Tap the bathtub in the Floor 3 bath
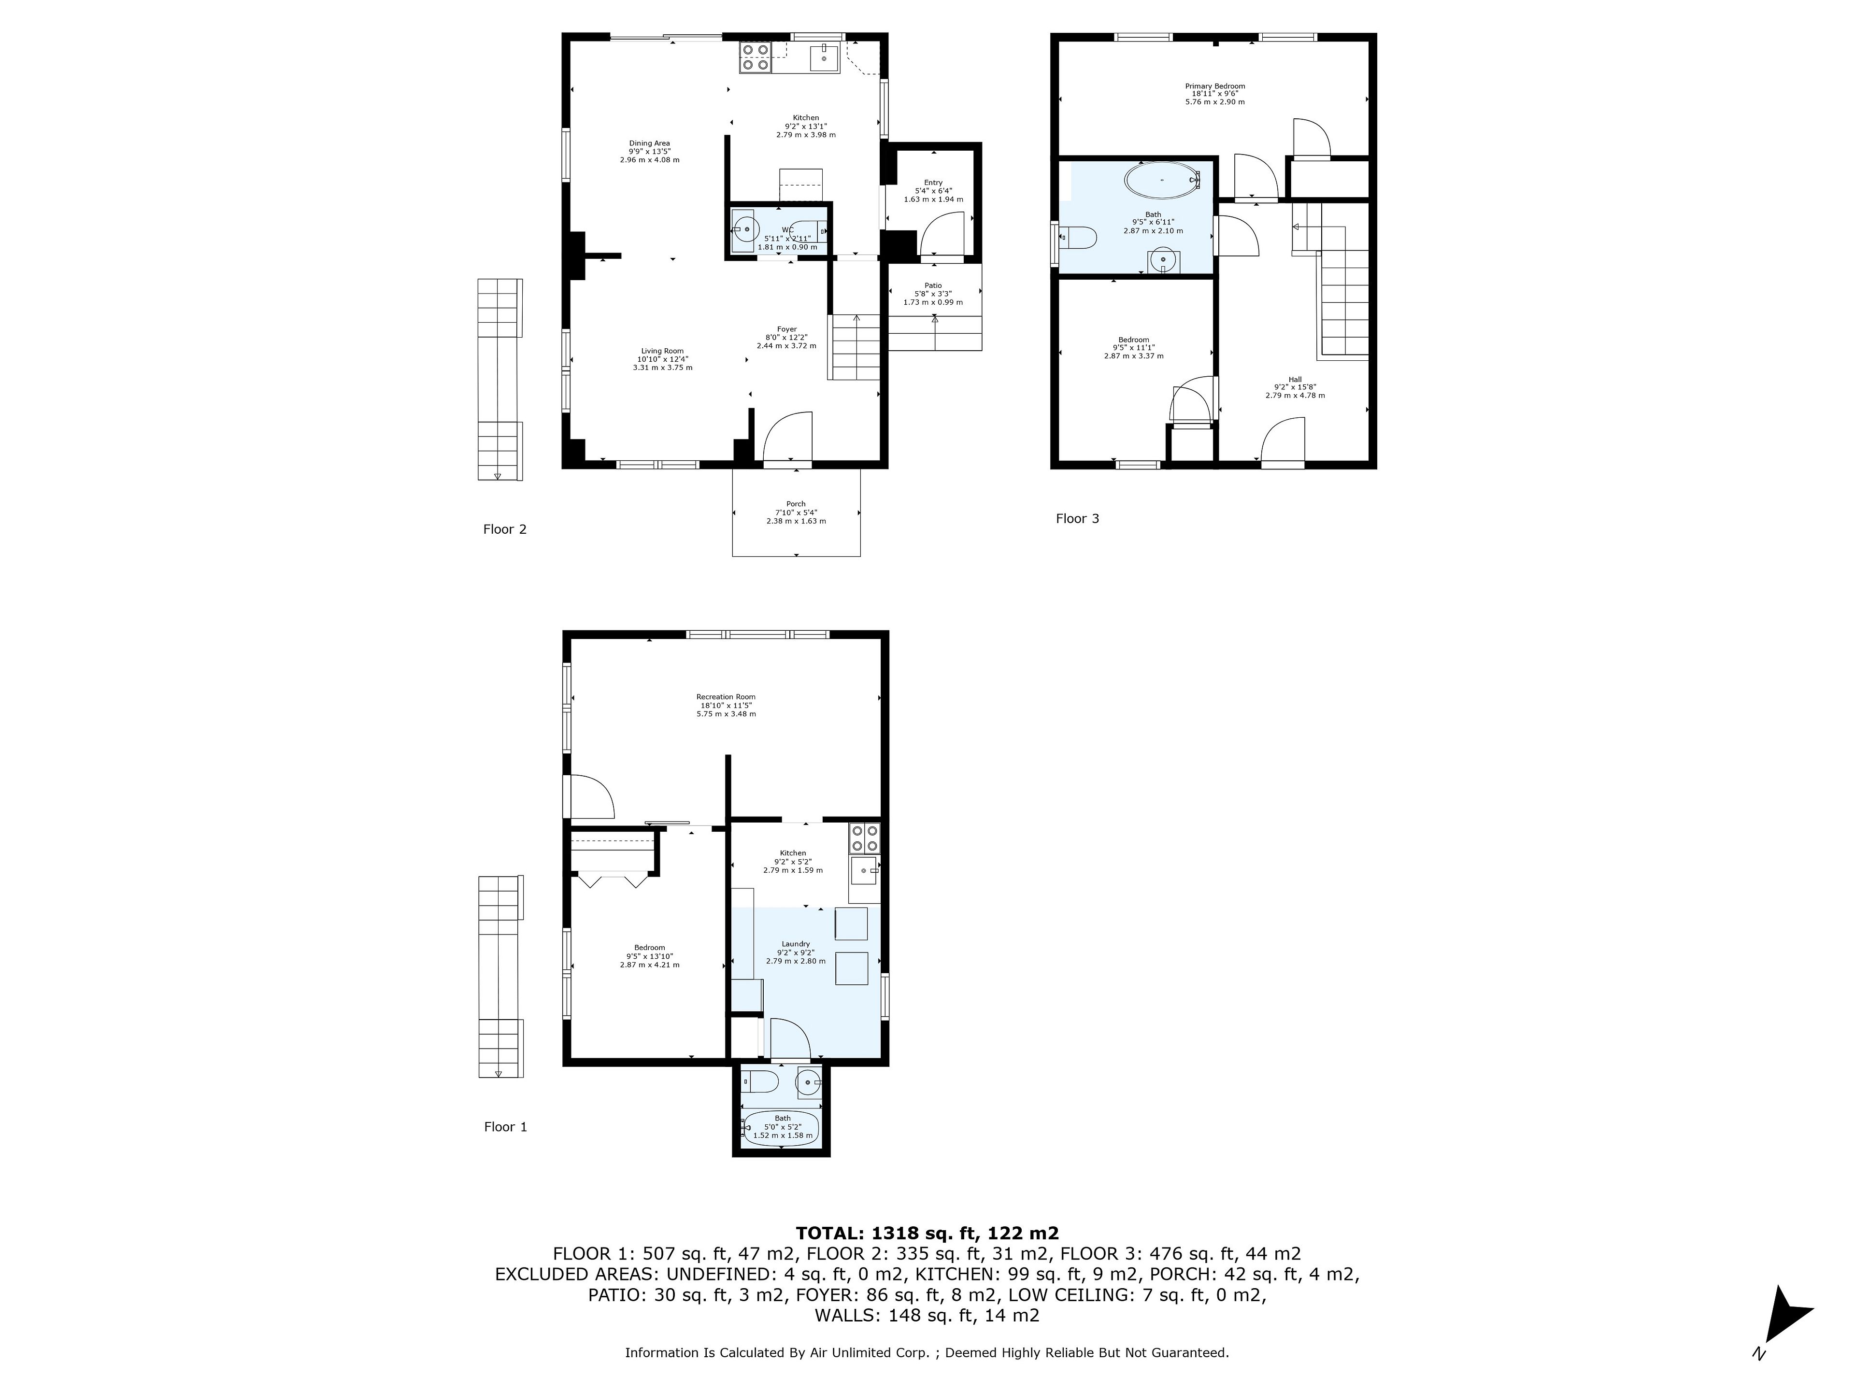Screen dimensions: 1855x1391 (1162, 180)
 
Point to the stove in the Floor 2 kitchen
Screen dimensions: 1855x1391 (756, 57)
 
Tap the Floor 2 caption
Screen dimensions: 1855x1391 (505, 529)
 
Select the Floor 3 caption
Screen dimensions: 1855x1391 (1077, 518)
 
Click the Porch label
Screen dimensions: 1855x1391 (796, 504)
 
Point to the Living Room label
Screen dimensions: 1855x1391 (662, 351)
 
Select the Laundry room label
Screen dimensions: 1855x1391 (796, 944)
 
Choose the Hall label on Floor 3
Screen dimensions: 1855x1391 (1295, 379)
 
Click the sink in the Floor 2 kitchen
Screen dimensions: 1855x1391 (824, 59)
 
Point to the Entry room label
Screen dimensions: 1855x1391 (933, 183)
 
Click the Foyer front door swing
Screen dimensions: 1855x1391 (788, 436)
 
